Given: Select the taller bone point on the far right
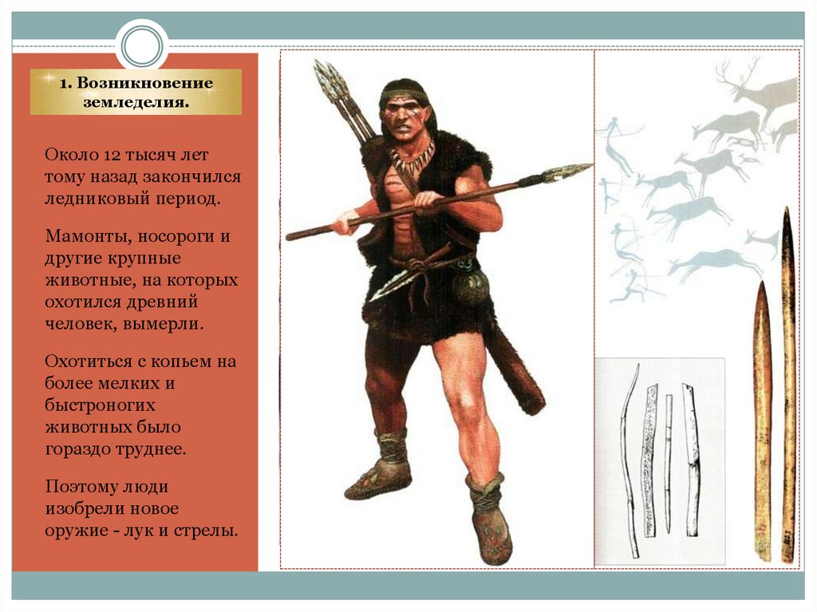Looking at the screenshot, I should (x=788, y=383).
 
